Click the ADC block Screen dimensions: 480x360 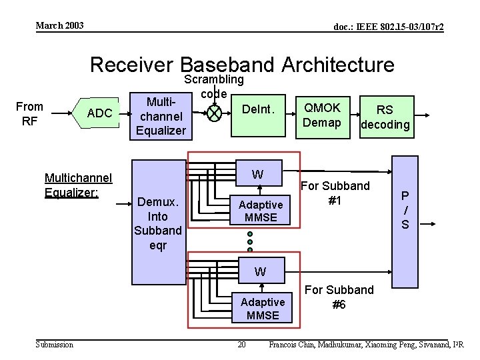coord(96,113)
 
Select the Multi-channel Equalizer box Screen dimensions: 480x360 coord(161,116)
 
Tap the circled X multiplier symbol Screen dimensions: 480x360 coord(214,113)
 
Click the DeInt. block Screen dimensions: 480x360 coord(259,115)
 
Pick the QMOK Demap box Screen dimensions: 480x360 coord(323,117)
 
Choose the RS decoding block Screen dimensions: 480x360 coord(387,117)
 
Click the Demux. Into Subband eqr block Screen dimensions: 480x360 coord(159,222)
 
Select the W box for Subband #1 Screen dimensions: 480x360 coord(259,173)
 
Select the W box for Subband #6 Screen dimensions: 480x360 coord(262,270)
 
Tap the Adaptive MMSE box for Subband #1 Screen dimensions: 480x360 coord(260,210)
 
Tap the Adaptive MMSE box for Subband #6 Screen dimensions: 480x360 coord(262,307)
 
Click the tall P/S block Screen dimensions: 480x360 coord(405,222)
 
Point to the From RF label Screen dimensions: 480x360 coord(29,114)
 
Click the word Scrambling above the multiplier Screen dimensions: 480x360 coord(214,79)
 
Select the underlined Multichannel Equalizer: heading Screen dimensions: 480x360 coord(79,185)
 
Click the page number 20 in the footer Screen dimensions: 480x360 coord(241,345)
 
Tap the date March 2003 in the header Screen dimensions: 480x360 coord(60,25)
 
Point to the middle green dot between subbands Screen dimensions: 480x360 coord(250,242)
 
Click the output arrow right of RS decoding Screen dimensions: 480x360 coord(422,115)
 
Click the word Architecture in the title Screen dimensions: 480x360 coord(338,65)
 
